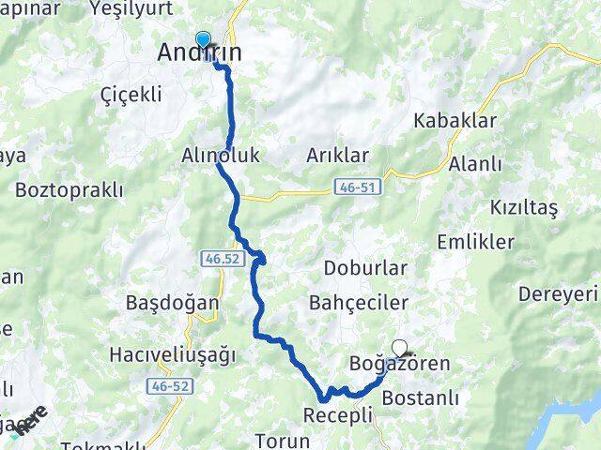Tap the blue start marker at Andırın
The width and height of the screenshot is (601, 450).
(202, 39)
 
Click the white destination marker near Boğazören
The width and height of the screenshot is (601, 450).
(400, 346)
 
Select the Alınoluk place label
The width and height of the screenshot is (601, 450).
(220, 155)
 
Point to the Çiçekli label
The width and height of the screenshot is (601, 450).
(131, 95)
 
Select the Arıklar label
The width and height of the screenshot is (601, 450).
(338, 156)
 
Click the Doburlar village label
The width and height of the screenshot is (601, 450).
(365, 268)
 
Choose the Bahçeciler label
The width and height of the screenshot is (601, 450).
(358, 303)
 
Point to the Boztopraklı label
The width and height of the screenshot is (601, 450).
(69, 189)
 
